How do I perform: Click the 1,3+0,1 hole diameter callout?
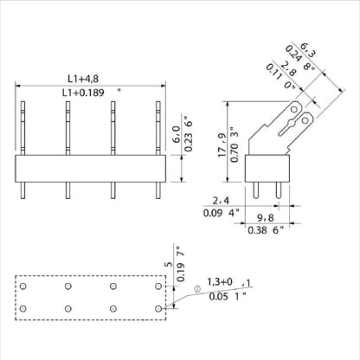pyautogui.click(x=222, y=283)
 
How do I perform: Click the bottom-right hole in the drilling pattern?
pyautogui.click(x=157, y=308)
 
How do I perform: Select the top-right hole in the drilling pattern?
pyautogui.click(x=157, y=286)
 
